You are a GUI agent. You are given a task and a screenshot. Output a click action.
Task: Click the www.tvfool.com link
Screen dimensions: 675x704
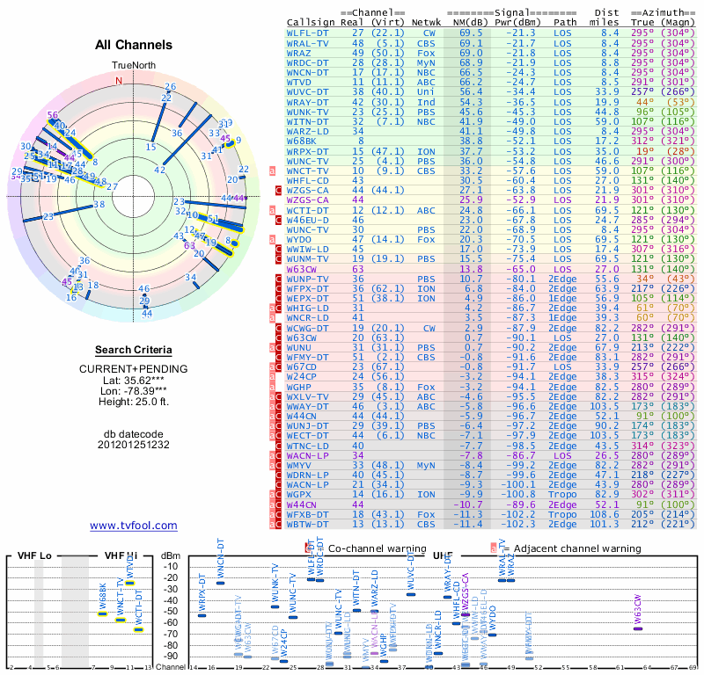coord(133,526)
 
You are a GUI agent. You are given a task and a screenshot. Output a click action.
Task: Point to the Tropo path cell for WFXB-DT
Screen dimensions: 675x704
coord(565,514)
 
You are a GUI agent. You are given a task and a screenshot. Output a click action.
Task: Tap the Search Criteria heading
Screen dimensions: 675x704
coord(134,350)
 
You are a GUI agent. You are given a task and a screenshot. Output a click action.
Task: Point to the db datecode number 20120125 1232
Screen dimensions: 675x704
coord(134,444)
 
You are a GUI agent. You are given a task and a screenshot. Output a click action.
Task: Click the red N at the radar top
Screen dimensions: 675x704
coord(119,80)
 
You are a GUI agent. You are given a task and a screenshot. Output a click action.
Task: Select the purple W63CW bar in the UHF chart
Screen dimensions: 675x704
coord(638,628)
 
